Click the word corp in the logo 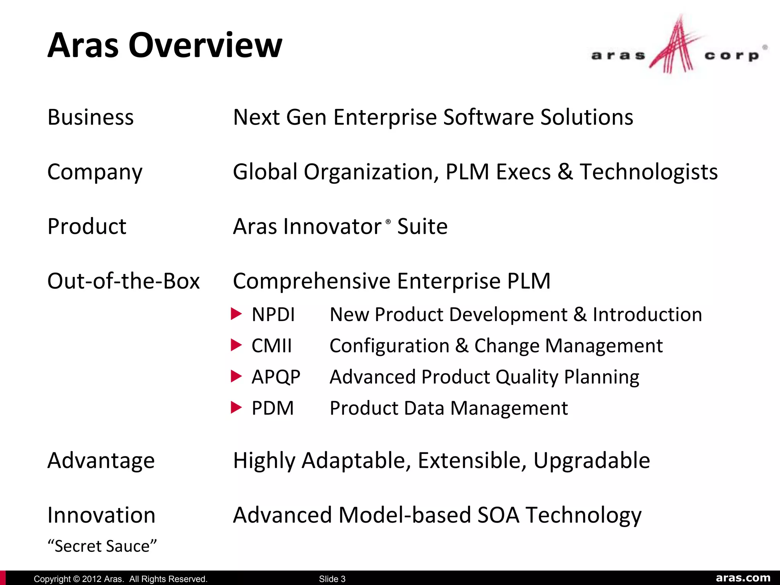(x=732, y=56)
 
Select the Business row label (x=91, y=117)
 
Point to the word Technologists (x=649, y=172)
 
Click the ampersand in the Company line (x=565, y=172)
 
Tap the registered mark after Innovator (x=388, y=221)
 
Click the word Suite (x=422, y=227)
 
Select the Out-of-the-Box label (x=123, y=281)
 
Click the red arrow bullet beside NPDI (x=237, y=314)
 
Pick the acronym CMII (x=272, y=346)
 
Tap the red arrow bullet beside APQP (x=237, y=376)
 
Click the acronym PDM (x=273, y=408)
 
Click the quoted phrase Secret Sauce (x=102, y=546)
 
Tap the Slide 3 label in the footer (x=332, y=579)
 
